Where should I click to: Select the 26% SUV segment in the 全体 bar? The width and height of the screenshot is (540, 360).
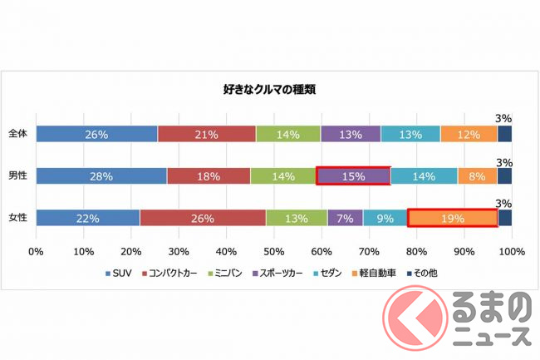pos(96,133)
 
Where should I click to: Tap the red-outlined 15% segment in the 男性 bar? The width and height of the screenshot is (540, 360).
pos(353,175)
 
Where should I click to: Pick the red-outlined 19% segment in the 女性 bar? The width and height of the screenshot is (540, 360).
pos(453,218)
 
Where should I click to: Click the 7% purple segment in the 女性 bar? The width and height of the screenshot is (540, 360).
pos(345,218)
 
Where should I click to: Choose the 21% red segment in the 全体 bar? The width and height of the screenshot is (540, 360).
pos(206,133)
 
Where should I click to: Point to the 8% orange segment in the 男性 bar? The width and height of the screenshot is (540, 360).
pos(477,175)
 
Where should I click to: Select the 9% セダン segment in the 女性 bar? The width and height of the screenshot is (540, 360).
pos(385,218)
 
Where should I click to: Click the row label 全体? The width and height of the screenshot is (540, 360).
pos(17,133)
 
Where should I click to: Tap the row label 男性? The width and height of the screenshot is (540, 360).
pos(17,175)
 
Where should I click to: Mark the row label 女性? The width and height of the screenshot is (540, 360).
pos(17,218)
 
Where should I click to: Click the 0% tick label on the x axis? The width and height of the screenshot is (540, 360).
pos(37,250)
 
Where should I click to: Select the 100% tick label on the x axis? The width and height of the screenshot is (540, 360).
pos(511,250)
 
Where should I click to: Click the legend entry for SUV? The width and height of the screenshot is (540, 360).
pos(121,273)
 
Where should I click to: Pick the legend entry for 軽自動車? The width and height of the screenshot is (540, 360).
pos(374,273)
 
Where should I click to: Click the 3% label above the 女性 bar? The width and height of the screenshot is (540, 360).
pos(504,203)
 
